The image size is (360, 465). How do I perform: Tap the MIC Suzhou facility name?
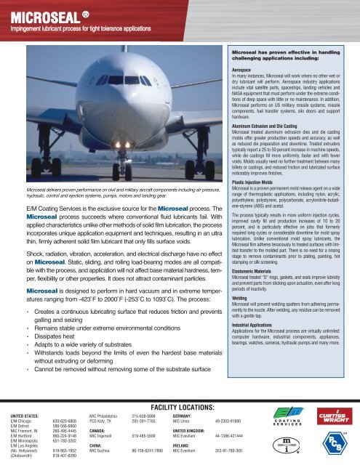(x=100, y=452)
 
